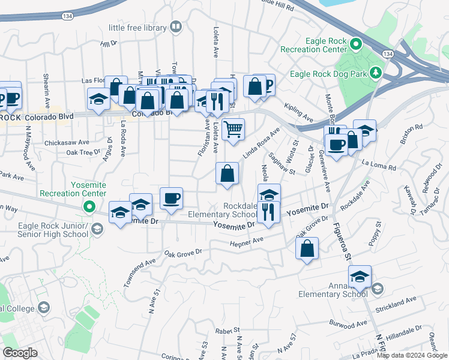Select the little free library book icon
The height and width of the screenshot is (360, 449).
click(176, 26)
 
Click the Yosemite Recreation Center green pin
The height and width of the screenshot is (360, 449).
click(90, 208)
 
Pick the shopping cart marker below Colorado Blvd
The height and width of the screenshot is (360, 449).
click(233, 129)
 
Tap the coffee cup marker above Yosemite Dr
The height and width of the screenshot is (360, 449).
click(171, 199)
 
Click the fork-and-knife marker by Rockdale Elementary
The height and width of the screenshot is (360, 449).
click(269, 212)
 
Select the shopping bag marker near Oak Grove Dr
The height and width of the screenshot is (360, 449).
click(307, 249)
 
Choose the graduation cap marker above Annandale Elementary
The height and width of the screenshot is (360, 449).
click(360, 277)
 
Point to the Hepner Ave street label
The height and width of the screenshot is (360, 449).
click(247, 241)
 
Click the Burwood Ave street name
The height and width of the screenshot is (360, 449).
click(348, 323)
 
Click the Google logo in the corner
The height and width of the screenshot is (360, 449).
click(20, 353)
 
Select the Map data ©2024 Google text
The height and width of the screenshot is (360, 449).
click(412, 355)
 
